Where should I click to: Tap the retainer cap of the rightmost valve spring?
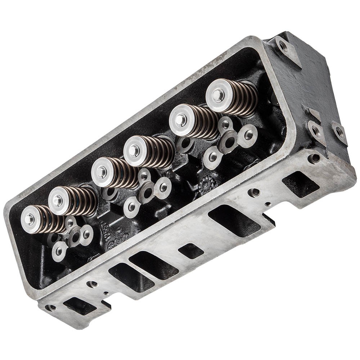[x=219, y=95]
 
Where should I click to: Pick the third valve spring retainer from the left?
[x=102, y=172]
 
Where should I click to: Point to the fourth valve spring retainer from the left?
[x=134, y=151]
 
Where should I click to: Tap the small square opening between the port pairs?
[x=191, y=251]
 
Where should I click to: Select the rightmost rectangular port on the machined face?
[x=300, y=184]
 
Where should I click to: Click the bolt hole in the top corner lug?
[x=283, y=46]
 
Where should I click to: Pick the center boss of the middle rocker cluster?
[x=147, y=191]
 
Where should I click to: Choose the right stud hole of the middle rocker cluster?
[x=163, y=187]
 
